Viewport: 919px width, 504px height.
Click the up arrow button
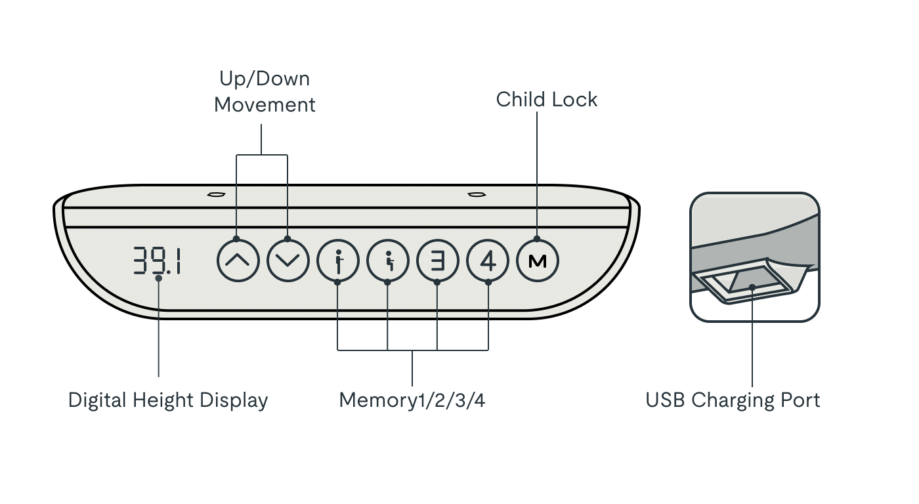pos(238,261)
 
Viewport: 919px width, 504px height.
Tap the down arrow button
pos(288,261)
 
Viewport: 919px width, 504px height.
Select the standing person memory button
pos(338,261)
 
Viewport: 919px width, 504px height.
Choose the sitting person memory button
pos(388,261)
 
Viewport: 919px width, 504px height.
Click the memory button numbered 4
pos(488,261)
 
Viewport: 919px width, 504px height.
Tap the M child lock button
pos(538,261)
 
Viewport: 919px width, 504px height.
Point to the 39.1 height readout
pos(157,261)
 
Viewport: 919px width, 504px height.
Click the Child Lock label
pos(546,100)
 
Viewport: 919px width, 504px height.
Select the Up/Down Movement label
pos(265,91)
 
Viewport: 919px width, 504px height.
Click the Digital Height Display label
pos(168,400)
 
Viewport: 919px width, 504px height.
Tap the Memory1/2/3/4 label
pos(412,400)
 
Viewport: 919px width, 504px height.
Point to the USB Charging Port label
pos(733,400)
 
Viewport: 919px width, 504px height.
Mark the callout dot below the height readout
pos(159,278)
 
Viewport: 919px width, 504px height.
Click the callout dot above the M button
pos(537,239)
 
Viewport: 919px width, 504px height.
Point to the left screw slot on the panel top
pos(216,194)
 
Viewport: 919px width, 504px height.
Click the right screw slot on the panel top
pos(477,194)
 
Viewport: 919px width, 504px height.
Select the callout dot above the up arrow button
pos(236,239)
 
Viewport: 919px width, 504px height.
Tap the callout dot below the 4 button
pos(488,283)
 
